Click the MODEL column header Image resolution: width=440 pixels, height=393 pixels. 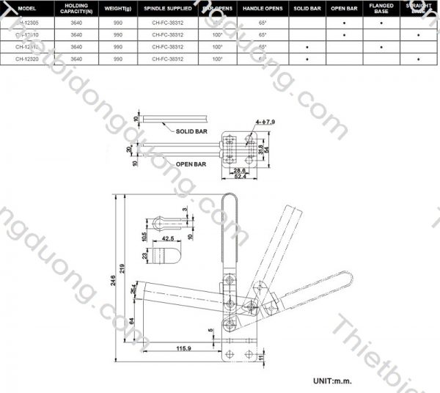click(x=27, y=9)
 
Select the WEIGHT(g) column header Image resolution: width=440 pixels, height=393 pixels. click(x=117, y=9)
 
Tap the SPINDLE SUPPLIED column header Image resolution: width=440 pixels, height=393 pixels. click(x=169, y=9)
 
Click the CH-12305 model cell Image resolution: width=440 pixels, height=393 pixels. click(x=28, y=23)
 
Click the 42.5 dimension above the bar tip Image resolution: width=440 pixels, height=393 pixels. click(x=168, y=238)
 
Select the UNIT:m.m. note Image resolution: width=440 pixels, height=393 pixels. click(x=334, y=381)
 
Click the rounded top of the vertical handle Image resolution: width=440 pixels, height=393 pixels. click(x=228, y=198)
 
